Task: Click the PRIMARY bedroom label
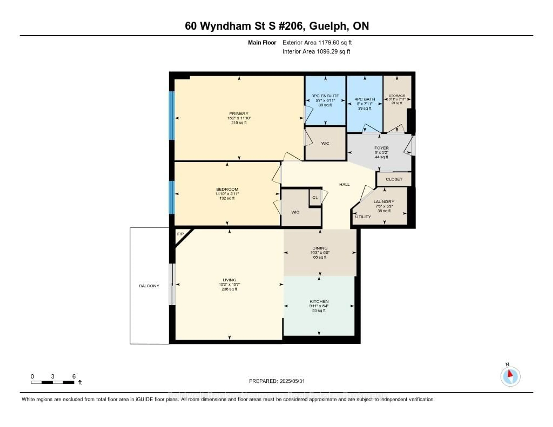point(238,114)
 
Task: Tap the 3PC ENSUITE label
point(325,96)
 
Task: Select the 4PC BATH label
point(365,99)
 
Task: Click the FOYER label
point(381,148)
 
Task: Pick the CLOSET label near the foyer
point(394,179)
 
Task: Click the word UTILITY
point(363,217)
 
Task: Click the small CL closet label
point(315,197)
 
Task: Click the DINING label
point(320,248)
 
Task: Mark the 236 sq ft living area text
point(229,289)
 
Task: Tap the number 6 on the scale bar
point(74,376)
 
